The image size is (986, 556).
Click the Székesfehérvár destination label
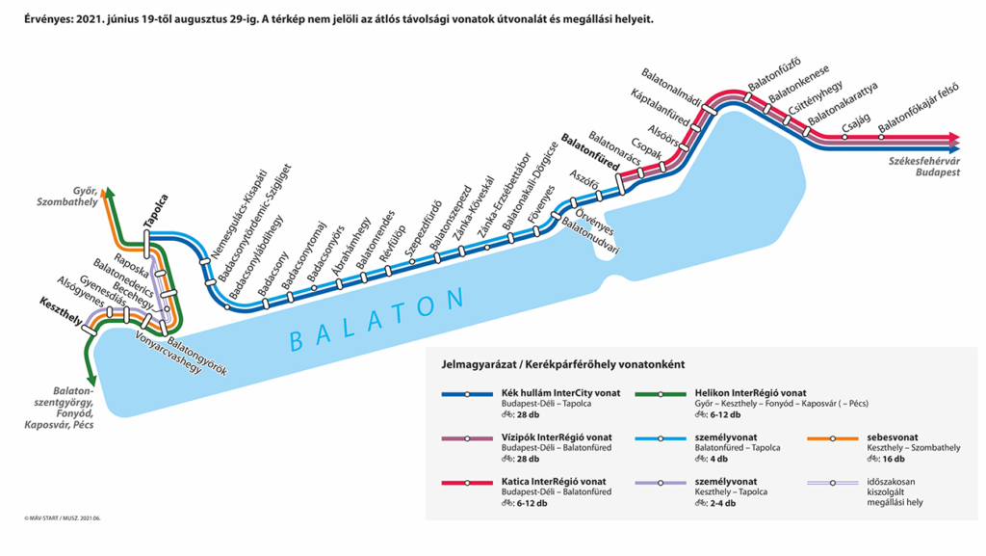927,164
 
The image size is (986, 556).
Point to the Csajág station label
856,122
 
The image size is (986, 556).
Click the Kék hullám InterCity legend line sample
467,394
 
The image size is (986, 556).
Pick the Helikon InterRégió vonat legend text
750,393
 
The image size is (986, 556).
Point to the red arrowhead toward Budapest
954,137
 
